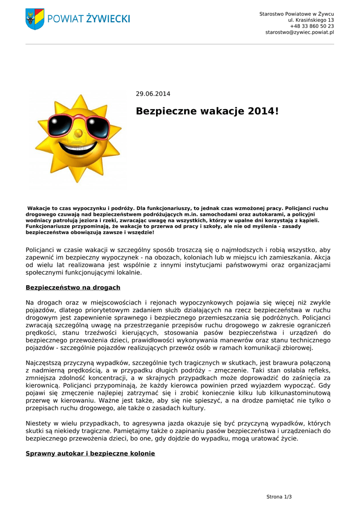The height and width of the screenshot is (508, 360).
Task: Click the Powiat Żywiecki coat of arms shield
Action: pyautogui.click(x=35, y=19)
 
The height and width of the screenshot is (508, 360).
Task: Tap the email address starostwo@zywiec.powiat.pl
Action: pyautogui.click(x=299, y=32)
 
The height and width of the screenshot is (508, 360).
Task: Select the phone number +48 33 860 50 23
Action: pyautogui.click(x=312, y=26)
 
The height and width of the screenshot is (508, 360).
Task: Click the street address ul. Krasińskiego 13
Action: pyautogui.click(x=311, y=20)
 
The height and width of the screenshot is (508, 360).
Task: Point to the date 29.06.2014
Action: pyautogui.click(x=153, y=94)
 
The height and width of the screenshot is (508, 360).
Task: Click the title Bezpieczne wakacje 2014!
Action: pyautogui.click(x=207, y=111)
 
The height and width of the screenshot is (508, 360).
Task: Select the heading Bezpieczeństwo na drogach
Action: pyautogui.click(x=72, y=287)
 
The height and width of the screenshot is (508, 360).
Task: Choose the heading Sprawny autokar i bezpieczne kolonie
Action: pyautogui.click(x=90, y=453)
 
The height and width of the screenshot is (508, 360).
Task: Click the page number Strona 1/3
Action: pyautogui.click(x=279, y=497)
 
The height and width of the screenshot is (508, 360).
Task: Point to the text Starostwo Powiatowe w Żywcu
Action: pyautogui.click(x=296, y=13)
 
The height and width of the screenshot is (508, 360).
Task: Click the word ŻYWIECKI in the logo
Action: pyautogui.click(x=108, y=19)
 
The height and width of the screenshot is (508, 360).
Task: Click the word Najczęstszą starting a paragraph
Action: pyautogui.click(x=44, y=363)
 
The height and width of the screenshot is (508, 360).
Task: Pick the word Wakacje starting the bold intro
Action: pyautogui.click(x=39, y=208)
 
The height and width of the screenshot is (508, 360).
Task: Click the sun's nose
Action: pyautogui.click(x=78, y=133)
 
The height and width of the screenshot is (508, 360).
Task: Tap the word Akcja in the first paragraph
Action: pyautogui.click(x=322, y=257)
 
